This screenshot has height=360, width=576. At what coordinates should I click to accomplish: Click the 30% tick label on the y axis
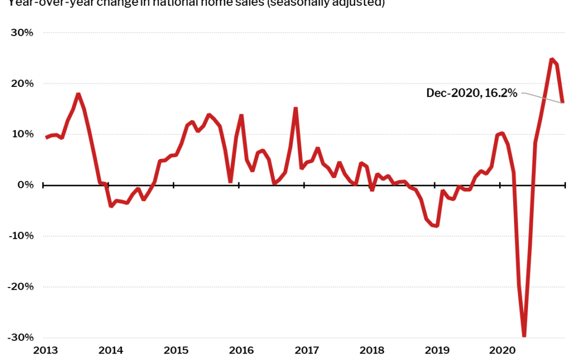(22, 33)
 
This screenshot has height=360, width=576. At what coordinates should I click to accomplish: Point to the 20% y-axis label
(22, 83)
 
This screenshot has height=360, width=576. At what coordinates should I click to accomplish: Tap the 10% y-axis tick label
(22, 134)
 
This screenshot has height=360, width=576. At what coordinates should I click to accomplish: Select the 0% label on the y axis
(25, 185)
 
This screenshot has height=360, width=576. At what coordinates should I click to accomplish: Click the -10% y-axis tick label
(21, 236)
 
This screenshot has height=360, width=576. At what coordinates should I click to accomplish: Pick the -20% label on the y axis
(21, 286)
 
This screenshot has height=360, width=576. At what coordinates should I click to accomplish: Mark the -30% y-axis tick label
(21, 338)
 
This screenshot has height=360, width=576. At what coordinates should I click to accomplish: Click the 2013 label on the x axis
(45, 350)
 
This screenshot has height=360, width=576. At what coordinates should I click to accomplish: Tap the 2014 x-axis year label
(110, 350)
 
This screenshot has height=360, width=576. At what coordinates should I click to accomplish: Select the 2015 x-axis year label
(176, 350)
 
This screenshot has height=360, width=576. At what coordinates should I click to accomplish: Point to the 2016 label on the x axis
(241, 350)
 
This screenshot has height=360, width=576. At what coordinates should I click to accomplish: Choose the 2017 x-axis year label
(307, 350)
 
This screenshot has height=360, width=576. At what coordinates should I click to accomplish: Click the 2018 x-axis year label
(372, 350)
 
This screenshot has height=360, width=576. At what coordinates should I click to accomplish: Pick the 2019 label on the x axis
(437, 350)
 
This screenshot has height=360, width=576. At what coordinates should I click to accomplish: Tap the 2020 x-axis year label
(502, 350)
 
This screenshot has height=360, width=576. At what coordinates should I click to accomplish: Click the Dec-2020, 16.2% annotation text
(471, 93)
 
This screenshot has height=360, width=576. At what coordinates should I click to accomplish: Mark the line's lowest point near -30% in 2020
(524, 336)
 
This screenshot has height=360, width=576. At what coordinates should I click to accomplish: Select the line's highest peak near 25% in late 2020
(552, 59)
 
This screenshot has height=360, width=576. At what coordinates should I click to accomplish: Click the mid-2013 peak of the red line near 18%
(78, 94)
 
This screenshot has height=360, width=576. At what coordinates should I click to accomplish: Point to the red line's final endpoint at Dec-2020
(563, 102)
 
